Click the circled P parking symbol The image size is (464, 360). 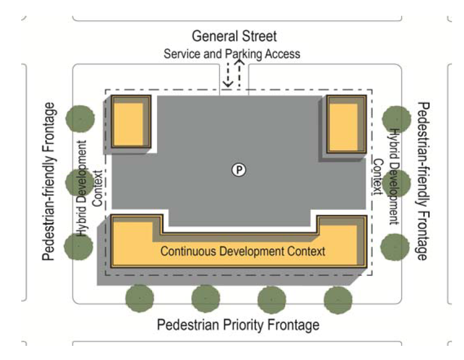[239, 170]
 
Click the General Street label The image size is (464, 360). [234, 36]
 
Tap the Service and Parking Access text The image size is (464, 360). [232, 54]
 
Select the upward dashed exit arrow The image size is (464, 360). [240, 73]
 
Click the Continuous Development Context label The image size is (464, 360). [243, 251]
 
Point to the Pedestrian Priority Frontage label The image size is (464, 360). [238, 325]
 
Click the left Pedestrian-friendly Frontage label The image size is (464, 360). [49, 181]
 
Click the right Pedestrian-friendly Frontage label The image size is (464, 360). [423, 181]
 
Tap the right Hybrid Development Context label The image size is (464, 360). [386, 177]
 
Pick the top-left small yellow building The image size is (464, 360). [131, 121]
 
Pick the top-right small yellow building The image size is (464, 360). [346, 124]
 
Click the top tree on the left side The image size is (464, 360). [80, 119]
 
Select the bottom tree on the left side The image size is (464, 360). [78, 246]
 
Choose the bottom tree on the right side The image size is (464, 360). [395, 247]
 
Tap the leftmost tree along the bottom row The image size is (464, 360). [140, 299]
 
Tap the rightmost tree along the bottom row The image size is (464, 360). [338, 300]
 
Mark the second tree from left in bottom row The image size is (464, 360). [206, 299]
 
